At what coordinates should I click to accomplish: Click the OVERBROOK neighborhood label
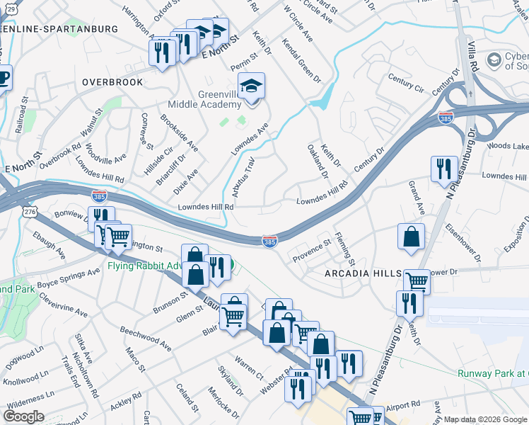[112, 82]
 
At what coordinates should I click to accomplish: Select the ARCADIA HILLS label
[364, 273]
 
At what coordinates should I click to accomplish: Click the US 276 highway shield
[29, 212]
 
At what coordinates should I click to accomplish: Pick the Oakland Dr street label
[318, 161]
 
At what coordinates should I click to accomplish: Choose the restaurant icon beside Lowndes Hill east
[443, 169]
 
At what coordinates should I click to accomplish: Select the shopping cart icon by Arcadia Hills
[417, 282]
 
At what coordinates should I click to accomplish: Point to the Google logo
[24, 416]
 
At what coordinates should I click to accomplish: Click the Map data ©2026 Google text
[485, 419]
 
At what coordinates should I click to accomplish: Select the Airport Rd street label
[403, 407]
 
